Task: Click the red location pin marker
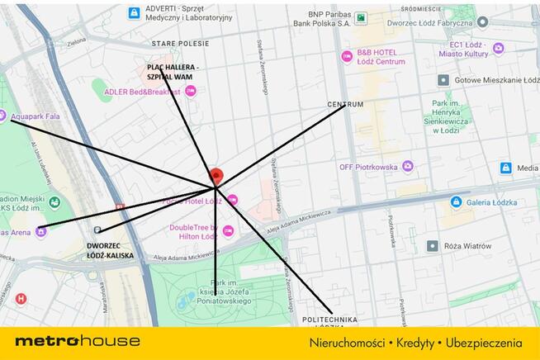[216, 177]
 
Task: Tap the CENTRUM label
[345, 105]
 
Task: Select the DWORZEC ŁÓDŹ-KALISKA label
[110, 250]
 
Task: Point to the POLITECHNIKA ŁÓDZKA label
[329, 321]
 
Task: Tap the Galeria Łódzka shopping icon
[456, 201]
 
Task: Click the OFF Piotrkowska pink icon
[407, 167]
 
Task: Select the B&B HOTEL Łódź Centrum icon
[348, 56]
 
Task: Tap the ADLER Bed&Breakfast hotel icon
[191, 91]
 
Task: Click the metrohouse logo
[78, 341]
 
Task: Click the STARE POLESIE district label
[179, 42]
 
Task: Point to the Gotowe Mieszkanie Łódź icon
[443, 80]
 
